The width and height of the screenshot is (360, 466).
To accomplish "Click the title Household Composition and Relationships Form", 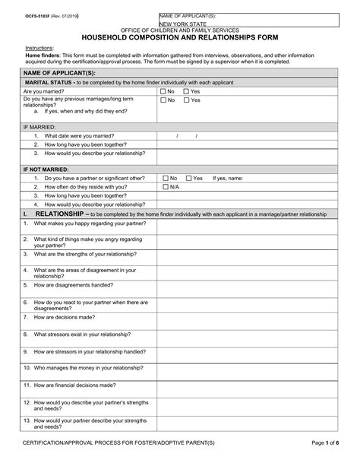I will (179, 36).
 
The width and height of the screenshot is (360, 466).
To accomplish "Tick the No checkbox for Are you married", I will (163, 90).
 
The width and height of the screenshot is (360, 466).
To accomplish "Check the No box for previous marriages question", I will (163, 100).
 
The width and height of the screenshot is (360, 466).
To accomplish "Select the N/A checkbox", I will (163, 186).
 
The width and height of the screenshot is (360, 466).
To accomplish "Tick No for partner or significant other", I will (163, 178).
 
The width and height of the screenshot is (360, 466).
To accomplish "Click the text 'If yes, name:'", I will (227, 178).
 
